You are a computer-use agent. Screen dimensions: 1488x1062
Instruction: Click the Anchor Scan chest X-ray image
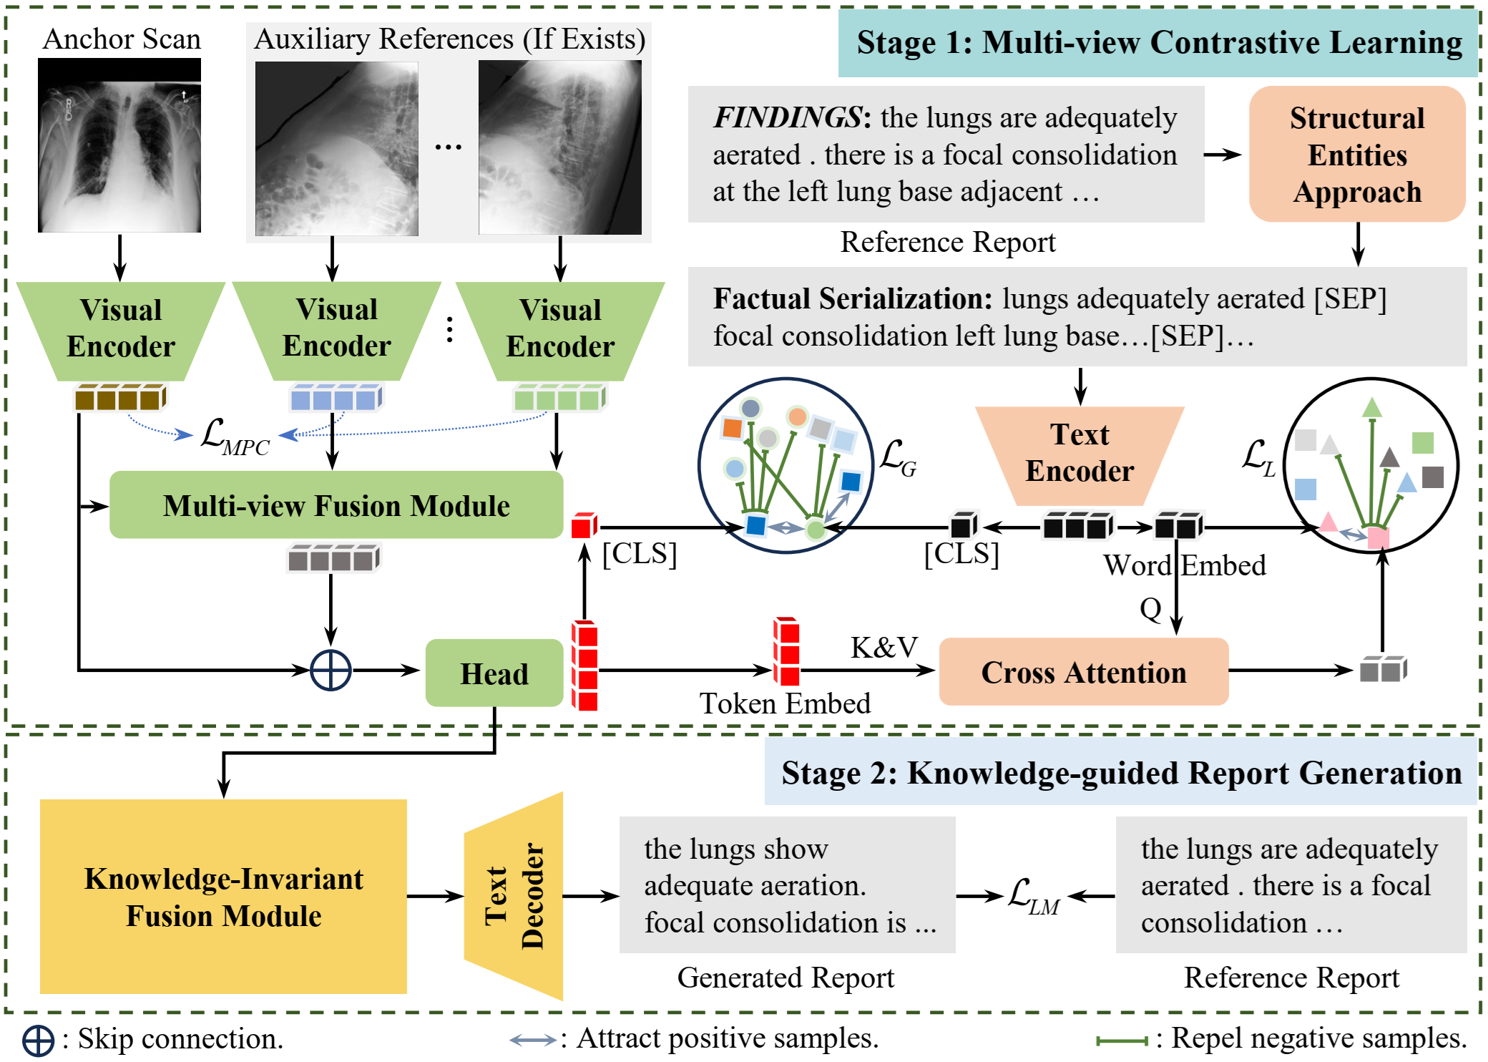coord(119,145)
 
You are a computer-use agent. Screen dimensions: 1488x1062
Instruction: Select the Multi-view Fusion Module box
coord(336,505)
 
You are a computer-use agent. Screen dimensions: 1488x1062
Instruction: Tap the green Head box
coord(494,673)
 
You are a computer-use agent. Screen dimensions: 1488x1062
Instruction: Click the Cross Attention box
coord(1084,672)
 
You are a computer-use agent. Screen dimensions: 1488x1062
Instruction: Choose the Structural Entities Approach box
coord(1357,155)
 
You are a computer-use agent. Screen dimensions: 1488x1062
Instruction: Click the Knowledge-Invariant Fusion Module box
coord(223,897)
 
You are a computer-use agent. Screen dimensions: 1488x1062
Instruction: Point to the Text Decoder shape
coord(514,896)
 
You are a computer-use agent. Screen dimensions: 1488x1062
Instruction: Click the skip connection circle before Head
coord(331,671)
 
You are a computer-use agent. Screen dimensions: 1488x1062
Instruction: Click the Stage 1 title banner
coord(1158,43)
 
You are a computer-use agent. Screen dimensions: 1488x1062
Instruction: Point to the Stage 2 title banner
coord(1121,772)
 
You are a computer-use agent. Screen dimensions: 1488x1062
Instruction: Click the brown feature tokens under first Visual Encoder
coord(120,398)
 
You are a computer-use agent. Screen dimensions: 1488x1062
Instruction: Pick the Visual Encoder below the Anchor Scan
coord(121,331)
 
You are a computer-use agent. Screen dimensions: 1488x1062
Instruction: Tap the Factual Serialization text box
coord(1077,317)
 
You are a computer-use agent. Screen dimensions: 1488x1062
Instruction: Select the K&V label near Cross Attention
coord(884,648)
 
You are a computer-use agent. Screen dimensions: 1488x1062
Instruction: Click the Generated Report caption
coord(785,978)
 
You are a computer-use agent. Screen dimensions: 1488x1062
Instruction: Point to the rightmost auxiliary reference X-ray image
coord(560,147)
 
